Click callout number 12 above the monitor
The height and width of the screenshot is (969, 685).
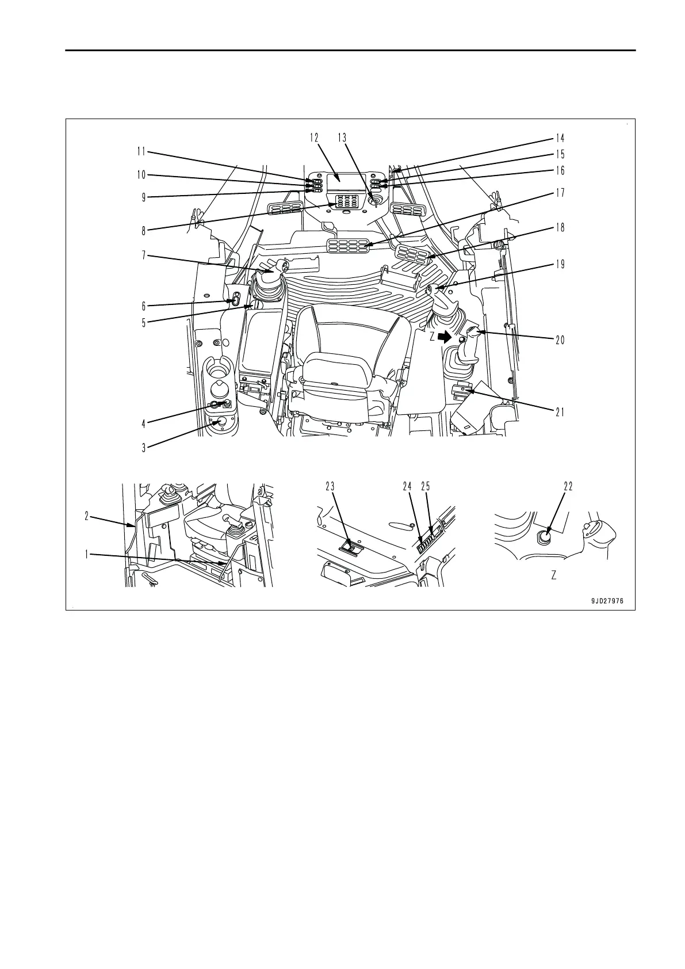click(314, 138)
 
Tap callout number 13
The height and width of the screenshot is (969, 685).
click(342, 138)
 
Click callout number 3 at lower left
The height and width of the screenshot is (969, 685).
click(144, 447)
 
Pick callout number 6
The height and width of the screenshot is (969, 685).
click(144, 307)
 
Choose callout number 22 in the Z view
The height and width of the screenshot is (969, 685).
click(568, 486)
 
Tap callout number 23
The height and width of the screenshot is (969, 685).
click(330, 486)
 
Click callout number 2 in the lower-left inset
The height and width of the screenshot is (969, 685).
click(87, 516)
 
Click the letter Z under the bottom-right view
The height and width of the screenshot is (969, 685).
click(553, 575)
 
